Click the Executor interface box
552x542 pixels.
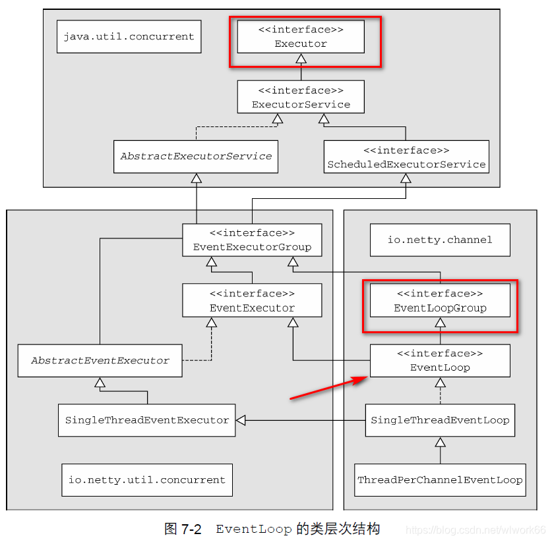click(x=301, y=37)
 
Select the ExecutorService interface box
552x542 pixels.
click(x=301, y=97)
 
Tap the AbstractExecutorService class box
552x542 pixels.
click(x=195, y=157)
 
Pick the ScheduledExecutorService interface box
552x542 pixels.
click(x=406, y=157)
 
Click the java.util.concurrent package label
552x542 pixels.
click(x=129, y=36)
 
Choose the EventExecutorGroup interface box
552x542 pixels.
click(x=252, y=240)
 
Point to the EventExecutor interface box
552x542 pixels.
click(x=252, y=300)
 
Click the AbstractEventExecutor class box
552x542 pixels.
click(x=100, y=360)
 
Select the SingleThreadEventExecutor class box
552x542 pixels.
click(x=146, y=420)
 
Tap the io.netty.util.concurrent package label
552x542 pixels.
click(x=146, y=480)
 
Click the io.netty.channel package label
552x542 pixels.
click(x=440, y=240)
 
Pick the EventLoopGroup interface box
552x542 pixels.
click(x=440, y=300)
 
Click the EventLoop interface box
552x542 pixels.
click(x=440, y=360)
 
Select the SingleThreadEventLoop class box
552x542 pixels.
click(x=440, y=420)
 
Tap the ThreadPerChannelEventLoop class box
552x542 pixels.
click(x=440, y=480)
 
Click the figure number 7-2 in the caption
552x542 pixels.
click(x=191, y=529)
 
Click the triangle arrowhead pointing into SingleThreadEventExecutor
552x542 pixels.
click(x=241, y=420)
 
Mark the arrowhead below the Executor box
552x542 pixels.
click(x=301, y=59)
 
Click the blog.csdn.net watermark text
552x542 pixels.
click(x=475, y=530)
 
